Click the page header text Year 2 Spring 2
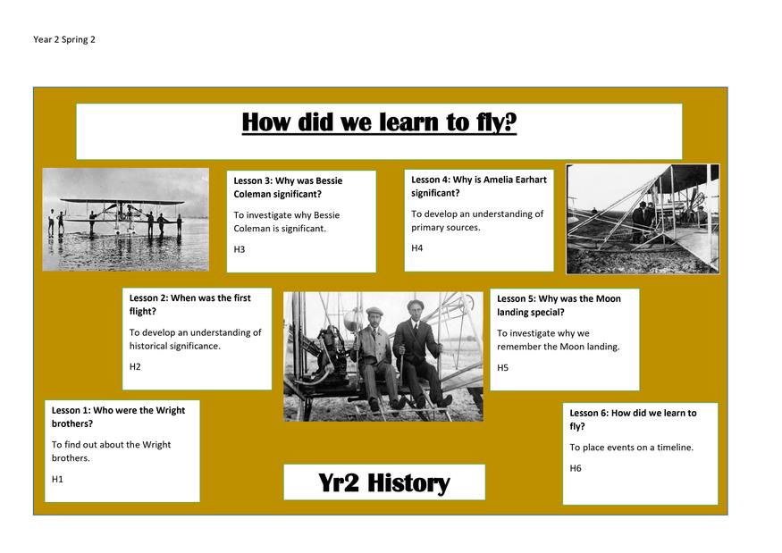pyautogui.click(x=63, y=40)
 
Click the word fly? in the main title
pyautogui.click(x=496, y=122)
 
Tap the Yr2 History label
pyautogui.click(x=384, y=482)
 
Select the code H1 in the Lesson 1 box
pyautogui.click(x=57, y=479)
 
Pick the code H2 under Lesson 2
pyautogui.click(x=135, y=366)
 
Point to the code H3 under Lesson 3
pyautogui.click(x=240, y=249)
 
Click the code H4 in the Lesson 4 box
pyautogui.click(x=417, y=247)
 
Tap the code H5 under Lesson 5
pyautogui.click(x=502, y=367)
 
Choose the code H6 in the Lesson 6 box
pyautogui.click(x=576, y=468)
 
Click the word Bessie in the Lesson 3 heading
pyautogui.click(x=329, y=180)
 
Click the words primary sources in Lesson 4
pyautogui.click(x=445, y=228)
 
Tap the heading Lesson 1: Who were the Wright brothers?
pyautogui.click(x=118, y=417)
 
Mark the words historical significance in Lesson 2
pyautogui.click(x=174, y=346)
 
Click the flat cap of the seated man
pyautogui.click(x=374, y=312)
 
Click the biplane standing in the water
pyautogui.click(x=122, y=215)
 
